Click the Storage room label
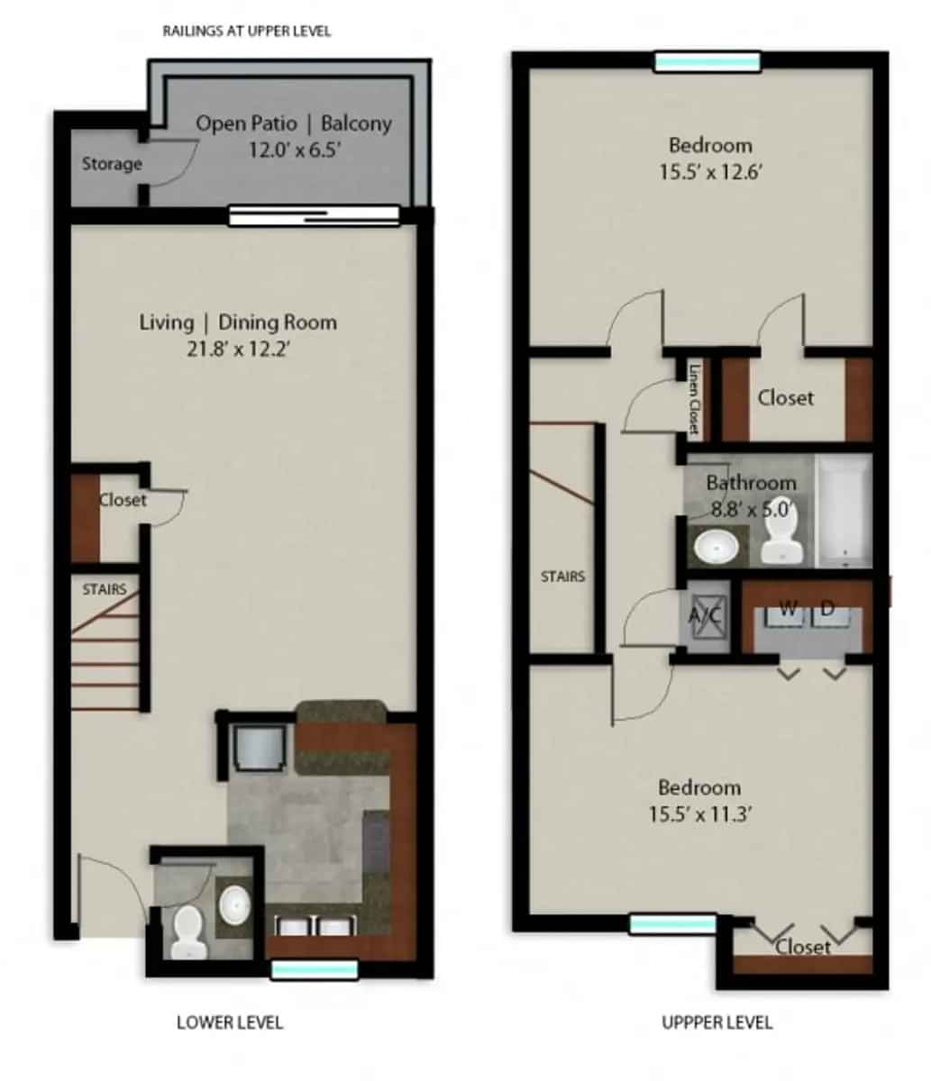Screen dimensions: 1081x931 click(112, 164)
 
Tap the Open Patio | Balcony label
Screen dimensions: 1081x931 click(294, 123)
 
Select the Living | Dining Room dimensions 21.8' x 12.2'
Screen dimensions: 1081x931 click(238, 349)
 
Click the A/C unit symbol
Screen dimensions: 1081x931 click(704, 616)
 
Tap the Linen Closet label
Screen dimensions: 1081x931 click(694, 398)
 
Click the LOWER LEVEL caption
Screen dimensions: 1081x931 click(230, 1022)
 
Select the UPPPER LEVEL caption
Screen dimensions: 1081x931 click(717, 1022)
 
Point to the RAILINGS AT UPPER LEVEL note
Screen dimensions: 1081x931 click(247, 31)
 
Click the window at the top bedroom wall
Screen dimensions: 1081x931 click(707, 62)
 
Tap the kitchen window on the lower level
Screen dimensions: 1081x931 click(315, 969)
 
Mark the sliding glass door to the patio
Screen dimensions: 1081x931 click(314, 214)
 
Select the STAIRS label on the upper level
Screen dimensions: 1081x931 click(563, 577)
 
